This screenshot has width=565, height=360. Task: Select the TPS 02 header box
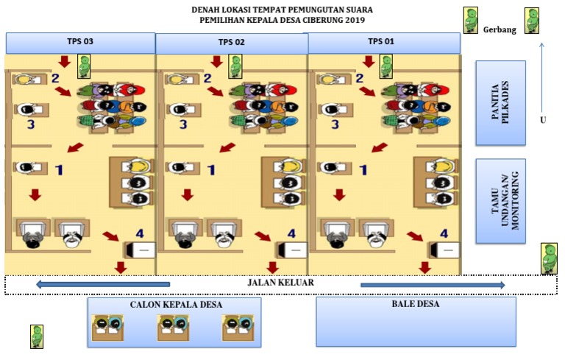tap(232, 43)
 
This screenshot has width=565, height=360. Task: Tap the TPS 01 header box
tap(383, 42)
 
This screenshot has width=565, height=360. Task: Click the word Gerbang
tap(500, 29)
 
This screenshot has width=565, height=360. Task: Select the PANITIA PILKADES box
tap(501, 103)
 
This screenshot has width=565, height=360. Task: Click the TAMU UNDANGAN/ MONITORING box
tap(501, 200)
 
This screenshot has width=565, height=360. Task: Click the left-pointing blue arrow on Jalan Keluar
tap(103, 284)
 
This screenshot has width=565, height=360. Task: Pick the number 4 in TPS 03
tap(141, 233)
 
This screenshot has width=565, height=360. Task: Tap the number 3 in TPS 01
tap(335, 124)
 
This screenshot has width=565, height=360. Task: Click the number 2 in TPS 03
tap(54, 77)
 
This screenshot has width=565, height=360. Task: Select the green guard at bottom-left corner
tap(37, 336)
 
